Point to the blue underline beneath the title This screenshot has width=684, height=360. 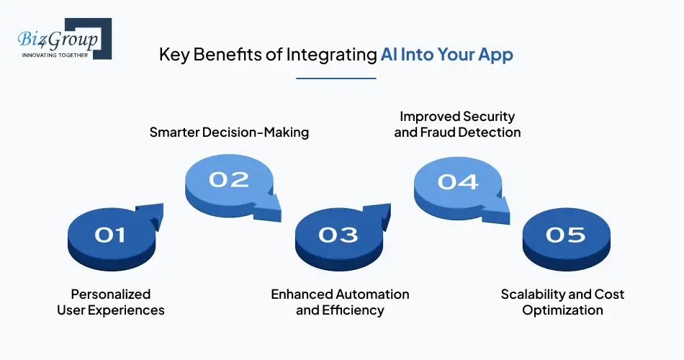coord(336,78)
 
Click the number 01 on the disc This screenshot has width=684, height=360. coord(110,235)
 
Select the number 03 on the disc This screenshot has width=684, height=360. coord(338,235)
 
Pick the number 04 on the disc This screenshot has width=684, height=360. coord(457,181)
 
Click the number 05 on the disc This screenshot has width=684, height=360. coord(566,235)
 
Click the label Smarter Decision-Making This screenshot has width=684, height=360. coord(229,132)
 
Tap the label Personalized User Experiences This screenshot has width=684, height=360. coord(111,302)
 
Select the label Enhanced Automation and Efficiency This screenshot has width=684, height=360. coord(340,302)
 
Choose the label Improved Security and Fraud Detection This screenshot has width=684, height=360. coord(457,124)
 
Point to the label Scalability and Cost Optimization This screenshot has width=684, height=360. coord(562,302)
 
